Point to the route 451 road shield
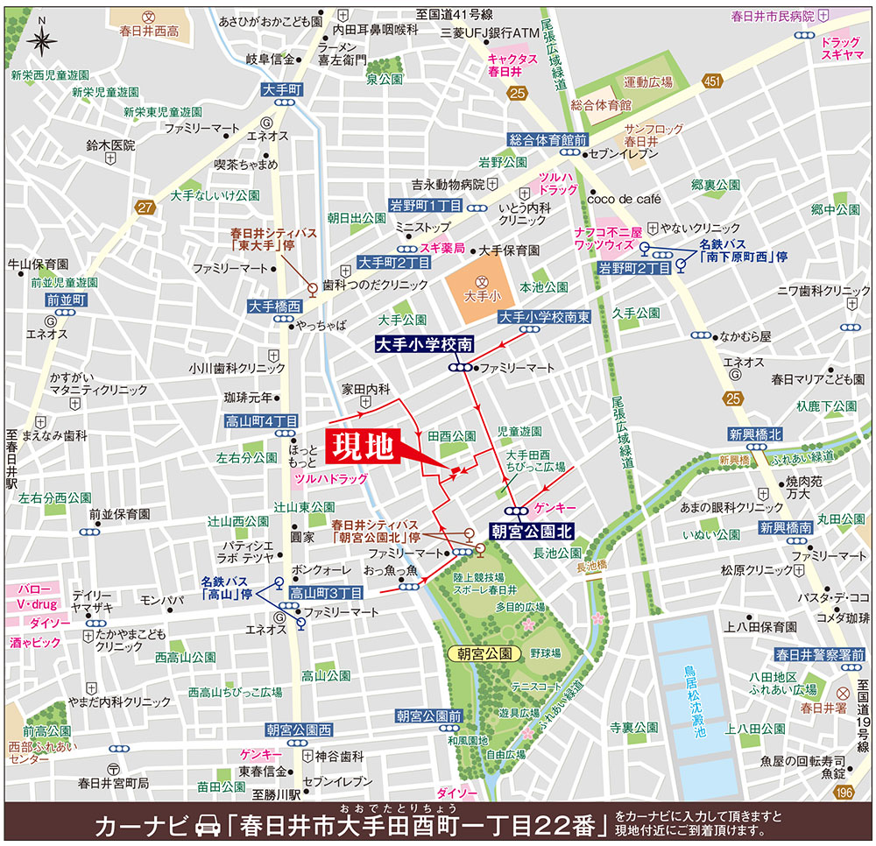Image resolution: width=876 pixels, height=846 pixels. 711,81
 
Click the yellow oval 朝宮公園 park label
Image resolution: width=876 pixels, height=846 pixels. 484,653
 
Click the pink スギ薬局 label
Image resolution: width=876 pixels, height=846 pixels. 441,249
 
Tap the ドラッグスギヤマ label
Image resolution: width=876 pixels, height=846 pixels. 842,47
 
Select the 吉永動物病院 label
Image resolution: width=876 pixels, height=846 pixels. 449,184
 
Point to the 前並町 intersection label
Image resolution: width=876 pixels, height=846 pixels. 67,300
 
